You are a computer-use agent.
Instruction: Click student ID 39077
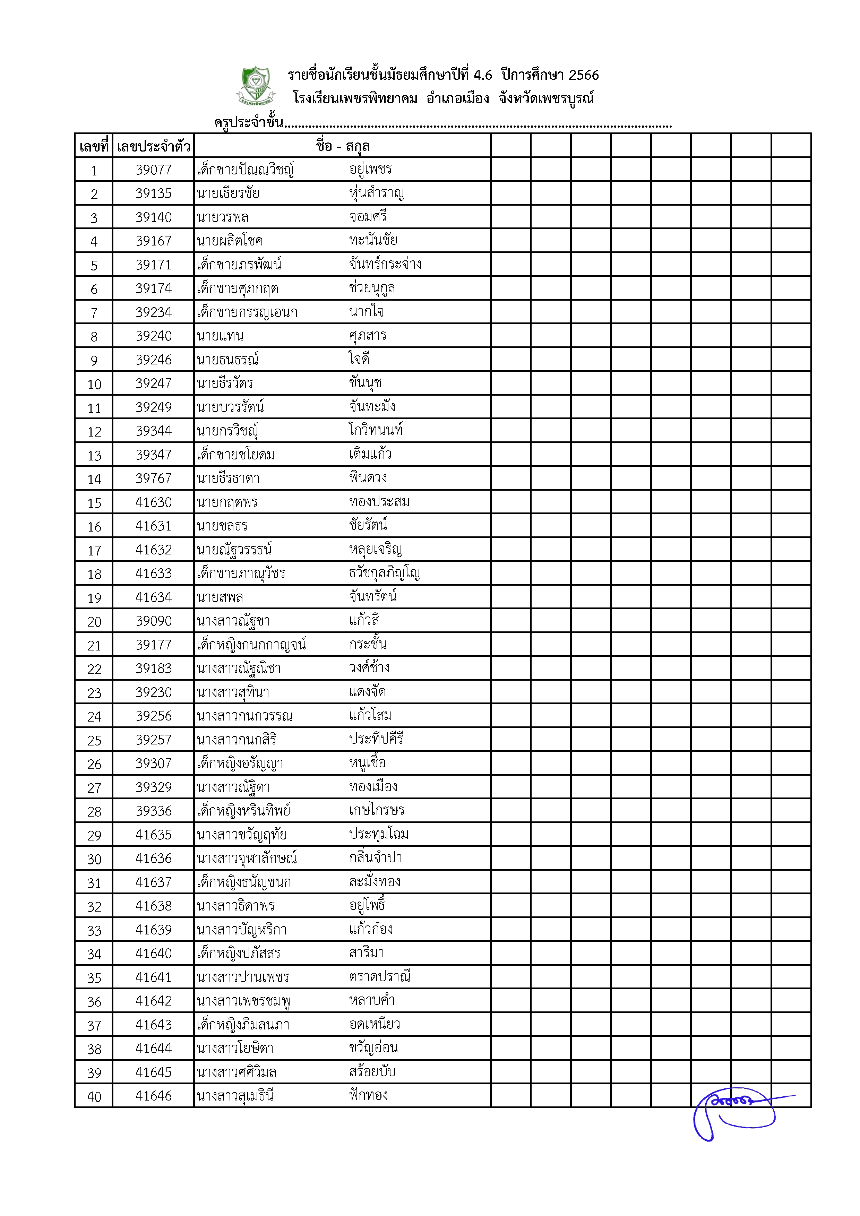(x=154, y=170)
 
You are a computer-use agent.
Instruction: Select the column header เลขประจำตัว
(x=154, y=146)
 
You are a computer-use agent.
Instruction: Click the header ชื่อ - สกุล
(x=343, y=146)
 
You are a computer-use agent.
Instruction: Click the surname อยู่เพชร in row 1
(x=370, y=170)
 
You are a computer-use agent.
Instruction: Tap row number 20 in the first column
(x=94, y=622)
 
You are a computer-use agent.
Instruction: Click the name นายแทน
(x=220, y=336)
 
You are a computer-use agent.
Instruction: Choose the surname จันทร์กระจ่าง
(x=385, y=264)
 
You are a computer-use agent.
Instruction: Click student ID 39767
(x=154, y=478)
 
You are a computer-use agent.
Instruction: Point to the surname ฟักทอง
(x=369, y=1095)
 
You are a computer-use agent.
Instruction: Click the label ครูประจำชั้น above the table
(x=248, y=123)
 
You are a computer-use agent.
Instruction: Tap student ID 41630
(x=154, y=502)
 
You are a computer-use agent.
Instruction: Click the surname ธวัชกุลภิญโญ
(x=385, y=573)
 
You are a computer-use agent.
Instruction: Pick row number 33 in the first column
(x=94, y=931)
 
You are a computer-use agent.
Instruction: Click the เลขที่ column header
(x=94, y=146)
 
